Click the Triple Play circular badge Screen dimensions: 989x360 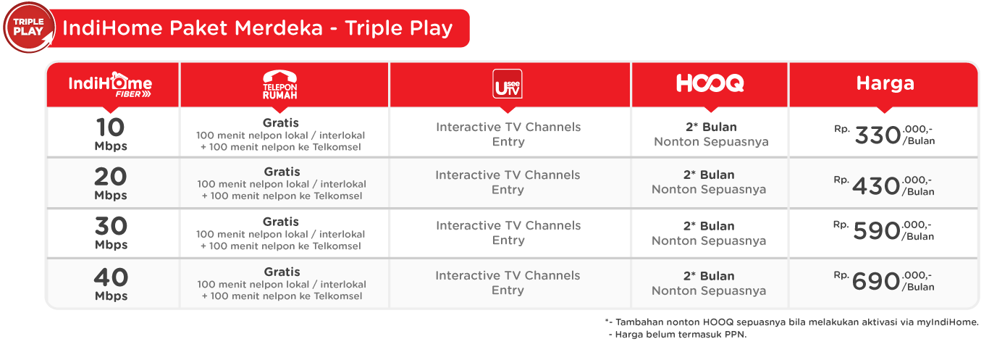[x=29, y=28]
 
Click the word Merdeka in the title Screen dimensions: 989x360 [x=279, y=28]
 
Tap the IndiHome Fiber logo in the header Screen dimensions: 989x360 [x=110, y=84]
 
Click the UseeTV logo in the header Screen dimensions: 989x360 [x=508, y=83]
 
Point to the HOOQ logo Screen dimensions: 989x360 [x=710, y=83]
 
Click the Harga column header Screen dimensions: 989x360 [x=885, y=83]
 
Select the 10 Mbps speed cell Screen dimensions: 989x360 [x=111, y=134]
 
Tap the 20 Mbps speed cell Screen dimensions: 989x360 [x=111, y=183]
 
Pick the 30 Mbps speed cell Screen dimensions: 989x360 [x=111, y=233]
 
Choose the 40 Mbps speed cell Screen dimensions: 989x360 [x=111, y=284]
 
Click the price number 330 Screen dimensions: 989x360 [x=878, y=135]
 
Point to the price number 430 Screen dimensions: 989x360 [x=876, y=186]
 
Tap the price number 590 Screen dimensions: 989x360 [x=877, y=230]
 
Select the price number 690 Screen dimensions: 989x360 [x=876, y=281]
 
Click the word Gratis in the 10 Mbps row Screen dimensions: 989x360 [x=281, y=123]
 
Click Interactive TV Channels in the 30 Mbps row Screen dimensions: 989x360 [x=508, y=225]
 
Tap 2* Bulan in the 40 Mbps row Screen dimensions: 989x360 [x=709, y=276]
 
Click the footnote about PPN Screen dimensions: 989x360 [x=678, y=335]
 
